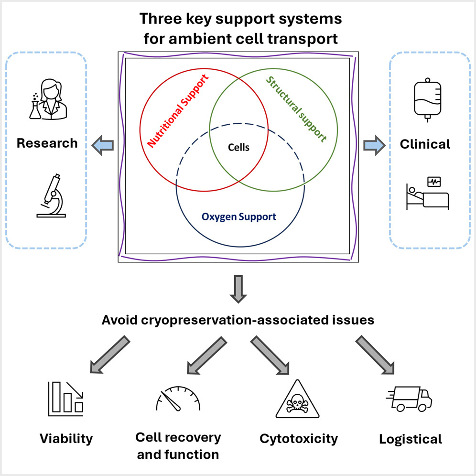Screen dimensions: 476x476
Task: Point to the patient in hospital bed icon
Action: coord(427,194)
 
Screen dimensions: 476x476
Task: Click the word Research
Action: coord(47,143)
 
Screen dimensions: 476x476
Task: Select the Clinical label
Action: coord(425,144)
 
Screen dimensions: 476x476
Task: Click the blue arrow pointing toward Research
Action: coord(103,144)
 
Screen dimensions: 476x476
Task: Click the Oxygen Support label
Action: coord(238,216)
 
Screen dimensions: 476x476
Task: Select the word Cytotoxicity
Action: coord(299,438)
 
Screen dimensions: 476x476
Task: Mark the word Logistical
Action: coord(411,438)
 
